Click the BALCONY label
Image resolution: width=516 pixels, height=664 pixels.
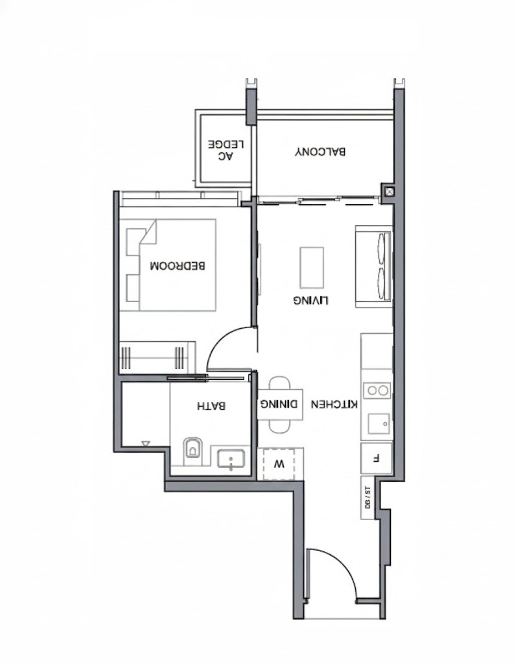tap(320, 152)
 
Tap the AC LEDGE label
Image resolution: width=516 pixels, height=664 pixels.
tap(226, 150)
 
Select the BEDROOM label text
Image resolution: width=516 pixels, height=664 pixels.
tap(178, 266)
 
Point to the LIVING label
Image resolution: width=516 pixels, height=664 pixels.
tap(311, 300)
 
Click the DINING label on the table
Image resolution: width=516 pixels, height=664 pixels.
tap(279, 404)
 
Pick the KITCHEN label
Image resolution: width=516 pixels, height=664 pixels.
tap(334, 405)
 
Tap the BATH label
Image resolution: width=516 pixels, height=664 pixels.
tap(211, 406)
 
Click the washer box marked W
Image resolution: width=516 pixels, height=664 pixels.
tap(279, 464)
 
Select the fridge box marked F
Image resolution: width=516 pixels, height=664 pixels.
tap(376, 458)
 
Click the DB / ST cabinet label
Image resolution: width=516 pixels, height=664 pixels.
tap(367, 497)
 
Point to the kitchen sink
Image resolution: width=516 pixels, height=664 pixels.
tap(379, 423)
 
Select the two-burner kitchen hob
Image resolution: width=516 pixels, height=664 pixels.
tap(377, 390)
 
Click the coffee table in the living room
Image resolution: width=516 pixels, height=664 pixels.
tap(312, 268)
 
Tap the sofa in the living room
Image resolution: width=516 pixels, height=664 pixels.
tap(374, 267)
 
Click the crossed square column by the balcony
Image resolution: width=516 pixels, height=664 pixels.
tap(388, 191)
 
